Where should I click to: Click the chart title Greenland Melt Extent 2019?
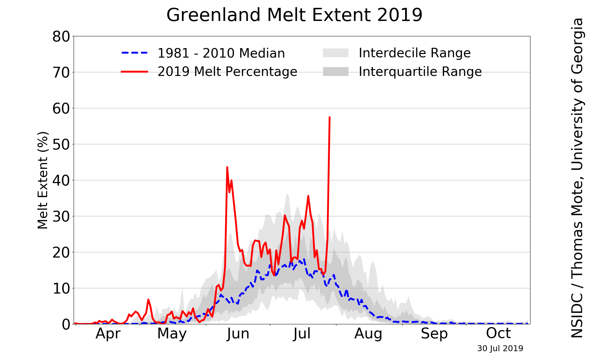tap(294, 15)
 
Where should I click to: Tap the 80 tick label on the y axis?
tap(61, 36)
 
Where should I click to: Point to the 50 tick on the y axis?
tap(61, 144)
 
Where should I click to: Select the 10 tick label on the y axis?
tap(61, 288)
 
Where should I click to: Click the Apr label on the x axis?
tap(108, 334)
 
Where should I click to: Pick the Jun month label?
tap(238, 334)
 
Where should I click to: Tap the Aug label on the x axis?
tap(368, 334)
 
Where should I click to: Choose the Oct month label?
tap(498, 334)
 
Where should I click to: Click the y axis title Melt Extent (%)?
tap(43, 180)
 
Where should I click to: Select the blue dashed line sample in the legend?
tap(134, 53)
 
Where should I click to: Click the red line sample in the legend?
tap(134, 71)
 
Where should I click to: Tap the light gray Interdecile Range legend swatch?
tap(335, 53)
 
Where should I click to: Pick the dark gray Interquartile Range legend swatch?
tap(335, 71)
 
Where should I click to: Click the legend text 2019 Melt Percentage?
tap(227, 71)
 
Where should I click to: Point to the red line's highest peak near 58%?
tap(330, 117)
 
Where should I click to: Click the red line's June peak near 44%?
tap(227, 167)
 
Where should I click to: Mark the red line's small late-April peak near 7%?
tap(148, 299)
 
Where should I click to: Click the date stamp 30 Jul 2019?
tap(500, 349)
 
